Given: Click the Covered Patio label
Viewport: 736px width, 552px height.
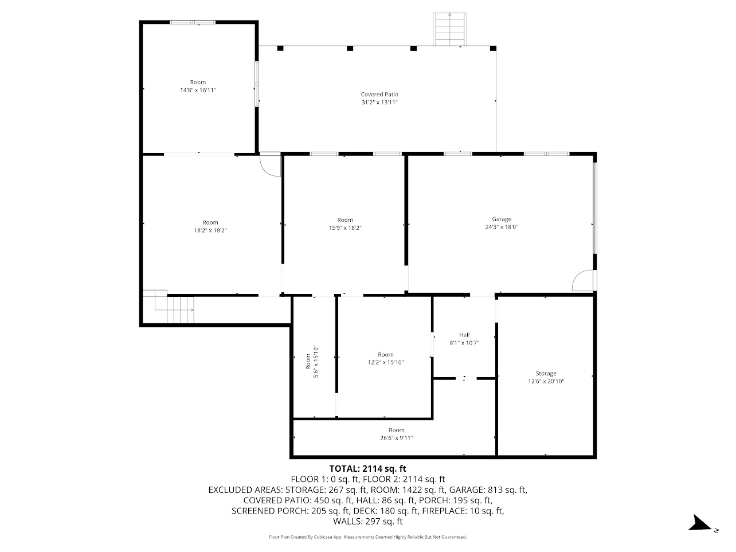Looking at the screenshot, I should pos(379,95).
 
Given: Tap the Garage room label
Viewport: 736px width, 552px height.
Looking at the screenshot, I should pos(501,219).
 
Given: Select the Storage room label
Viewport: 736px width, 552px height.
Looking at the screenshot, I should pos(546,374).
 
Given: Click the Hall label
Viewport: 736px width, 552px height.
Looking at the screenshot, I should pos(464,335).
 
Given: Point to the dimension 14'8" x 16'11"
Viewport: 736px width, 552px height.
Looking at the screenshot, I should pos(198,91).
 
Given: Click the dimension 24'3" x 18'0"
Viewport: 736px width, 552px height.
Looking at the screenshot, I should pos(501,227).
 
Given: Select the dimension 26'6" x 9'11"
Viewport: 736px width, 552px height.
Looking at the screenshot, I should pos(396,438).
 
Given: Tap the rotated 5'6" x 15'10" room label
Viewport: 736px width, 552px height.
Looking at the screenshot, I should pos(311,361).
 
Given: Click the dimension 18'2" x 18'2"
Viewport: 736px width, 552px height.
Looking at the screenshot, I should pos(210,230).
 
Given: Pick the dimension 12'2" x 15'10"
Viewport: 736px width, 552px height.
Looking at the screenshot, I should pos(386,362).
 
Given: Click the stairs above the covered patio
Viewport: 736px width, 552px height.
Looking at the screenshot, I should pos(450,29).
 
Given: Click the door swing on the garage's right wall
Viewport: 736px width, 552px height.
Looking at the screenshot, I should pos(582,280).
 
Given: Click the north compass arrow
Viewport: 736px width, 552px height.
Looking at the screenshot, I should pos(699,523).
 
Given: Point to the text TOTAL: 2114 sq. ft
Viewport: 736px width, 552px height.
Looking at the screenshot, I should pos(367,468).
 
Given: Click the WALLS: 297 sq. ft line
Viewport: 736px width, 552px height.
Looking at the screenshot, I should pos(367,522).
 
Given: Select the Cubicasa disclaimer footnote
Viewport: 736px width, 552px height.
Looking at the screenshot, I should pos(367,537).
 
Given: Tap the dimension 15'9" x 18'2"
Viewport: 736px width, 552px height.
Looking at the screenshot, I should pos(344,228).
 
